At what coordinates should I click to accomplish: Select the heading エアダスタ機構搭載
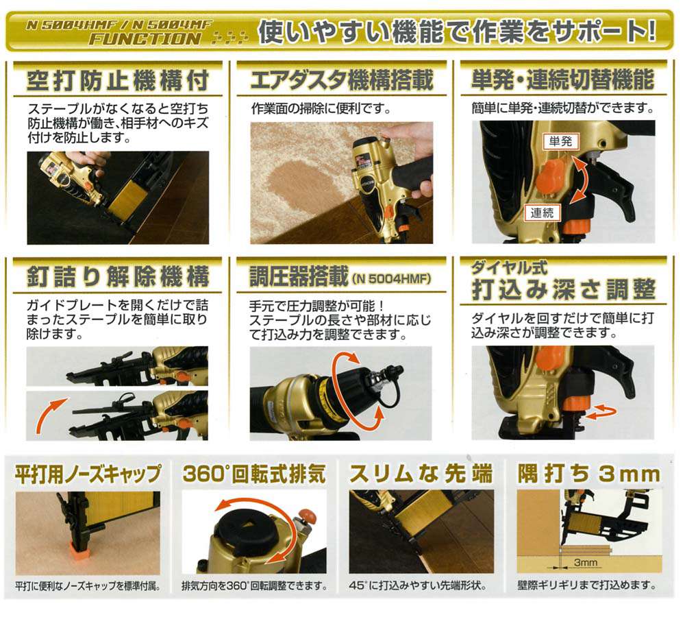tap(342, 81)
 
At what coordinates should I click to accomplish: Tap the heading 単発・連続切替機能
tap(563, 81)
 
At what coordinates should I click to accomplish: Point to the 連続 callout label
tap(545, 213)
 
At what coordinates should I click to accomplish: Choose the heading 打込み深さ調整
tap(563, 289)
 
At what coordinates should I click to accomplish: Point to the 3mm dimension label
tap(586, 563)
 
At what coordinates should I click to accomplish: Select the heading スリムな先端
tap(420, 474)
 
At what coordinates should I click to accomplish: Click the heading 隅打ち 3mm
tap(587, 474)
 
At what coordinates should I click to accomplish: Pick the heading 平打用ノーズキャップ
tap(88, 474)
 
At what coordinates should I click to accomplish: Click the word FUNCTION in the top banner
tap(145, 38)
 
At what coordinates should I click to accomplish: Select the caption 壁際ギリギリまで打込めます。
tap(587, 587)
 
